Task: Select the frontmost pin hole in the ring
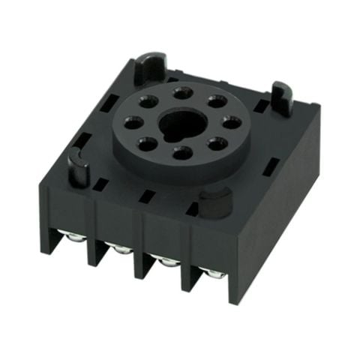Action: pyautogui.click(x=180, y=153)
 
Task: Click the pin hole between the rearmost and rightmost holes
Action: pyautogui.click(x=217, y=101)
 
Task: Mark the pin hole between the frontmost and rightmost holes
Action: pyautogui.click(x=214, y=143)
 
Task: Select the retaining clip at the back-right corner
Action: pyautogui.click(x=281, y=99)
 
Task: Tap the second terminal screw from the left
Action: pyautogui.click(x=120, y=249)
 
